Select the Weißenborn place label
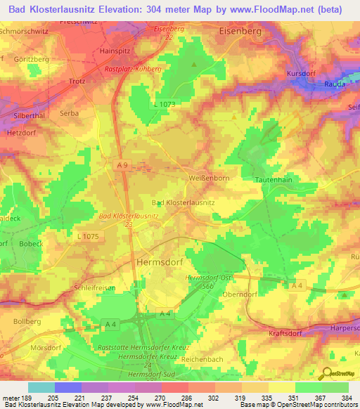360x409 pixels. click(x=207, y=178)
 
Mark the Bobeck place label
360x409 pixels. click(x=31, y=243)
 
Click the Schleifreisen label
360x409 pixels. click(x=94, y=289)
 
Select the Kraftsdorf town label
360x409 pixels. click(x=285, y=334)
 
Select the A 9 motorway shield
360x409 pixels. click(x=122, y=164)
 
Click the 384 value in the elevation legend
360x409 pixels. click(x=345, y=398)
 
